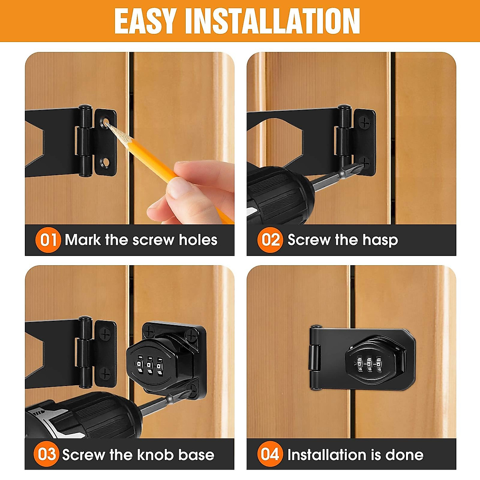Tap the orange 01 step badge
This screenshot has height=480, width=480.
[48, 240]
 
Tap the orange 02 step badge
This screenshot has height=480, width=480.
[270, 240]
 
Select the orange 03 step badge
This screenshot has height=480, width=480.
[47, 454]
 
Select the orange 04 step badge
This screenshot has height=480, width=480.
[270, 454]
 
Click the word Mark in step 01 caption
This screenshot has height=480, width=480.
[83, 240]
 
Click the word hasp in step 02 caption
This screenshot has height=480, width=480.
[380, 240]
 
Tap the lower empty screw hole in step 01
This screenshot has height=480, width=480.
[106, 162]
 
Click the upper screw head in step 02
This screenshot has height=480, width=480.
[364, 122]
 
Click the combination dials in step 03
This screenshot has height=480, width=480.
[149, 365]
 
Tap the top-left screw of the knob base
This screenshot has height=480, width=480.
[150, 331]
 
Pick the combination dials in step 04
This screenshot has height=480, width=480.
[368, 364]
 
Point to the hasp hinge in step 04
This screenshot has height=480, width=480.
[314, 357]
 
